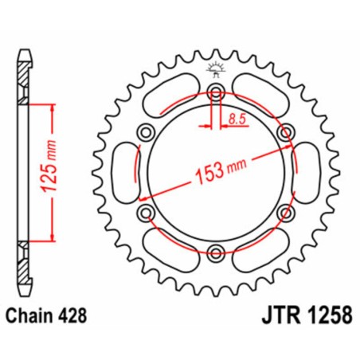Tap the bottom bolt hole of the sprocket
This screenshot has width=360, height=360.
click(x=215, y=254)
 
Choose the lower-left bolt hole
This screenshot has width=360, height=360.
click(x=145, y=213)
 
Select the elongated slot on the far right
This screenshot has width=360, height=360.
click(x=310, y=173)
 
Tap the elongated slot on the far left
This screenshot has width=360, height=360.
click(x=120, y=173)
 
